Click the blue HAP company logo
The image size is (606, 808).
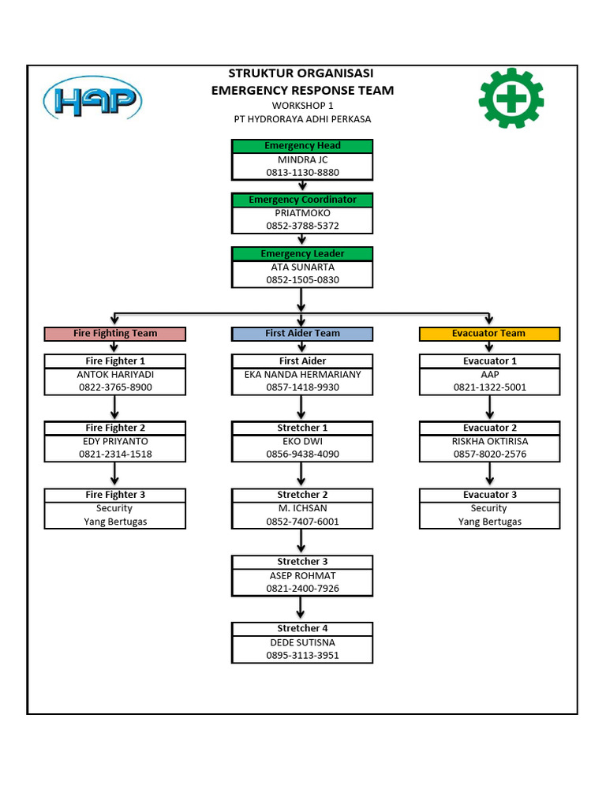[93, 101]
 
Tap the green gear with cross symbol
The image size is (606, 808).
[511, 99]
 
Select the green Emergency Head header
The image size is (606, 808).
[302, 146]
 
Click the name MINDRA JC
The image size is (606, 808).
[302, 159]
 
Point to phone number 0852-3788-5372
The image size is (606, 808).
[302, 226]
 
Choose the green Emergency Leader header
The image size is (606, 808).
[302, 254]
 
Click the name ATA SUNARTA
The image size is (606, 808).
[302, 267]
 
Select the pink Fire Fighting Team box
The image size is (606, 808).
[115, 334]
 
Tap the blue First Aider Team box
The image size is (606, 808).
[302, 334]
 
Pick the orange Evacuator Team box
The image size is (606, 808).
[489, 334]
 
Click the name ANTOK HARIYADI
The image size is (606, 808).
[115, 375]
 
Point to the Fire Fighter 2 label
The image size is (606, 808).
[115, 428]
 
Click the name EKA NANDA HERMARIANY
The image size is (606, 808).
[302, 375]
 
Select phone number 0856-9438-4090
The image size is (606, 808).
[302, 454]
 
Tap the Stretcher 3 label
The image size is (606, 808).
[302, 562]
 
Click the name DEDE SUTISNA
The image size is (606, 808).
[302, 642]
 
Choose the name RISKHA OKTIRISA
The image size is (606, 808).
[489, 442]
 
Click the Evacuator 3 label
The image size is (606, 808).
[489, 495]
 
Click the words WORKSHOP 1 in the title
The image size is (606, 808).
[302, 105]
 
